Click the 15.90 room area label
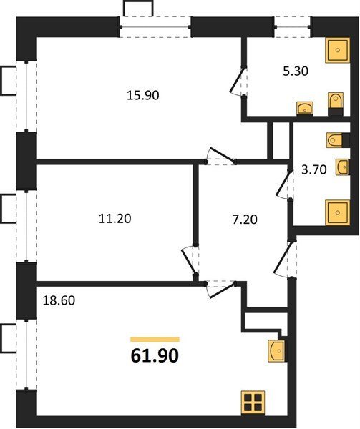[143, 96]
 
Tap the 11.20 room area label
[115, 219]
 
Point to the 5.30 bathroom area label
[296, 71]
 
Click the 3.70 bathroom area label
[314, 170]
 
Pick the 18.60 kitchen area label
[59, 301]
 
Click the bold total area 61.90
[155, 356]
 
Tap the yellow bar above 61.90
[155, 340]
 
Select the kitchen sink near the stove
[276, 351]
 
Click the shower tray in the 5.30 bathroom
[338, 50]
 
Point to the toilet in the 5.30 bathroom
[336, 102]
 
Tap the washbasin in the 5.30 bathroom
[305, 108]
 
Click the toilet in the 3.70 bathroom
[335, 140]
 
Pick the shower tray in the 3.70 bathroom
[338, 212]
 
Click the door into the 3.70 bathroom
[283, 183]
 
